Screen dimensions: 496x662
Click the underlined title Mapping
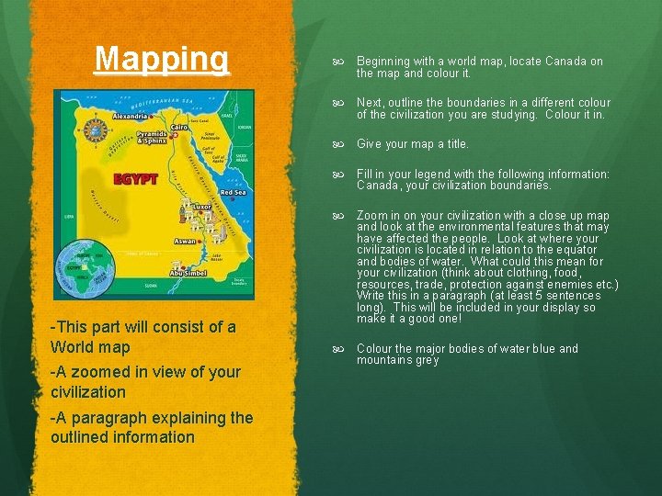[x=162, y=59]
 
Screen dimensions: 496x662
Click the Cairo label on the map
[x=178, y=127]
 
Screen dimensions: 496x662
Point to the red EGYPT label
[x=135, y=178]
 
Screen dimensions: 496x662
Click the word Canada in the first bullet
[x=568, y=62]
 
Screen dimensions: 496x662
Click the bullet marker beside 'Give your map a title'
[x=337, y=144]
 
